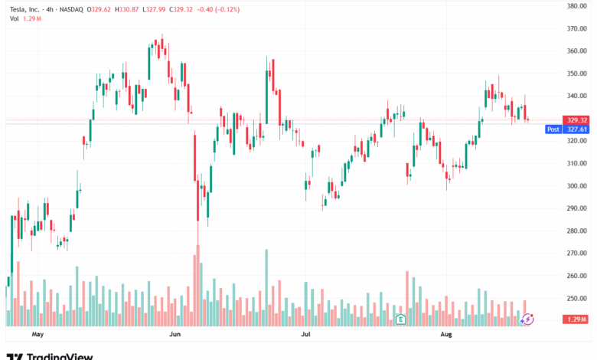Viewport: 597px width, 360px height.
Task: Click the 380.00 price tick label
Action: pos(576,6)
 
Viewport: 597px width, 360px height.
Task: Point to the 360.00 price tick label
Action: pos(576,51)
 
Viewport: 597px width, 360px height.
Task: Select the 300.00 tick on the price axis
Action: pos(576,186)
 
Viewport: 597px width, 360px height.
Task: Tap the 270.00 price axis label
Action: pos(576,254)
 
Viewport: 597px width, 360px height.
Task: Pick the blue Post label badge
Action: pos(553,129)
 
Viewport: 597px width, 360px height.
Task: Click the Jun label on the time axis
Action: pos(175,335)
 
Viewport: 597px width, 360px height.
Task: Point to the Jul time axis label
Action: pos(305,335)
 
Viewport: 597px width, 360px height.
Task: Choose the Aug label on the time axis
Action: pos(446,335)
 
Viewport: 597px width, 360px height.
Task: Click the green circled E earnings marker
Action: pos(399,318)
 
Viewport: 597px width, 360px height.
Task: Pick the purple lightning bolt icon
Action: pos(527,318)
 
